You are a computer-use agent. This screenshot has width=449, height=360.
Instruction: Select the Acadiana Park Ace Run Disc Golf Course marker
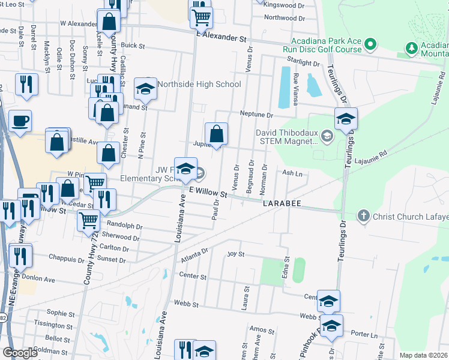(371, 44)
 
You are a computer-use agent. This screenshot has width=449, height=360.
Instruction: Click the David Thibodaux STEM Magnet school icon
(327, 135)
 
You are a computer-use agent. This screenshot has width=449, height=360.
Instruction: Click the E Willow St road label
(208, 194)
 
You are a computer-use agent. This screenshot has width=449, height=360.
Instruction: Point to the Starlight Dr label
(303, 62)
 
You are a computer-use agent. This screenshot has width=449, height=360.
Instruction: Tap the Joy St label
(235, 254)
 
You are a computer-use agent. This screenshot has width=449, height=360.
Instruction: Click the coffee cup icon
(19, 121)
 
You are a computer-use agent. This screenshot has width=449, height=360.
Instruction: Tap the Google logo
(20, 352)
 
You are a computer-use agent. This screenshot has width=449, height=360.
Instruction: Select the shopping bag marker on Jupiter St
(216, 134)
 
